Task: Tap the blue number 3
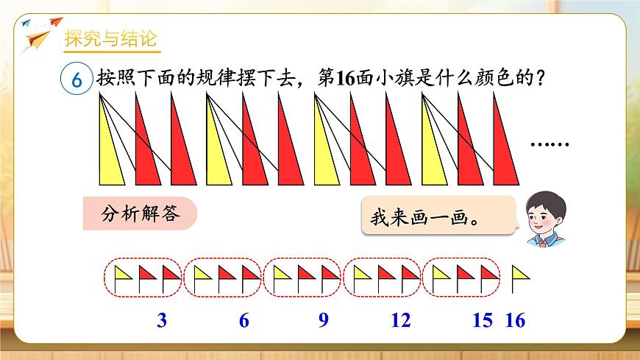[x=163, y=321]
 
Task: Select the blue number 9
[x=322, y=321]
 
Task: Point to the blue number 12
[x=400, y=321]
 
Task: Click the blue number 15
[x=482, y=321]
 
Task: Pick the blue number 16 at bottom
[x=516, y=321]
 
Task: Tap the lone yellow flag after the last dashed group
[x=520, y=277]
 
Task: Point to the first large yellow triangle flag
[x=110, y=147]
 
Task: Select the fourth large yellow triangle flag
[x=434, y=151]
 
